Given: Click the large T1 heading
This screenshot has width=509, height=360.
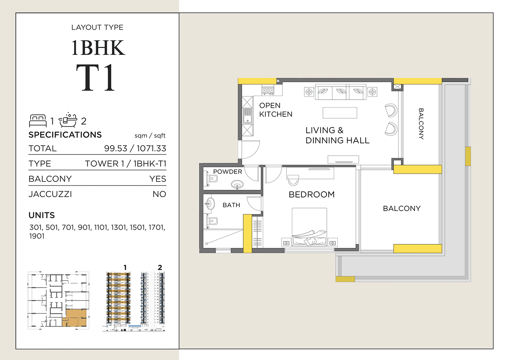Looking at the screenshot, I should [96, 78].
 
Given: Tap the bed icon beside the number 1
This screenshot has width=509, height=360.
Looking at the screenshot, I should [38, 120].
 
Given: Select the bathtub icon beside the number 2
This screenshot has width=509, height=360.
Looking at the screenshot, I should [68, 120].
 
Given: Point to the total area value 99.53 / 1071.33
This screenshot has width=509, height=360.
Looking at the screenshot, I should [135, 148].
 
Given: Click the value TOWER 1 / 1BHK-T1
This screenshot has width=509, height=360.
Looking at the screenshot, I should [125, 164].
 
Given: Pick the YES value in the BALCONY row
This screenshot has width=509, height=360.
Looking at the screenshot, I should [157, 179].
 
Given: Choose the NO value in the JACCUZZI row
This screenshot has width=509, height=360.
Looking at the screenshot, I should [159, 194].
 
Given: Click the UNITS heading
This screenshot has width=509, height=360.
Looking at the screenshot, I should [41, 215].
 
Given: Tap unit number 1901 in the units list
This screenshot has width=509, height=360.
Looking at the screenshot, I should [37, 236].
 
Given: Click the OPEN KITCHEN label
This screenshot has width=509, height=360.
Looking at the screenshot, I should [276, 110].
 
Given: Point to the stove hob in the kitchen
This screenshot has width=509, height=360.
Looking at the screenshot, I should [268, 90].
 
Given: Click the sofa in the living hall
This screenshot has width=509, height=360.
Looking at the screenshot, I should [340, 92].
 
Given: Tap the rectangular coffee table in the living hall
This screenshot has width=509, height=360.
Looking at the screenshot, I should [340, 113].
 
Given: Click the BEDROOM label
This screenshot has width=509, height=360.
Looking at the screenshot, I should [312, 195].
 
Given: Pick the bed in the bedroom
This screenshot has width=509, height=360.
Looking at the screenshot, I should [309, 227].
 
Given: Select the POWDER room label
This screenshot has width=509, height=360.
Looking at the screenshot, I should [228, 172].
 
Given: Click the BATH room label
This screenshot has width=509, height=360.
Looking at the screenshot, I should [231, 205].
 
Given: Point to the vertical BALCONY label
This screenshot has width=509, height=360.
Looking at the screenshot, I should [421, 124].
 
